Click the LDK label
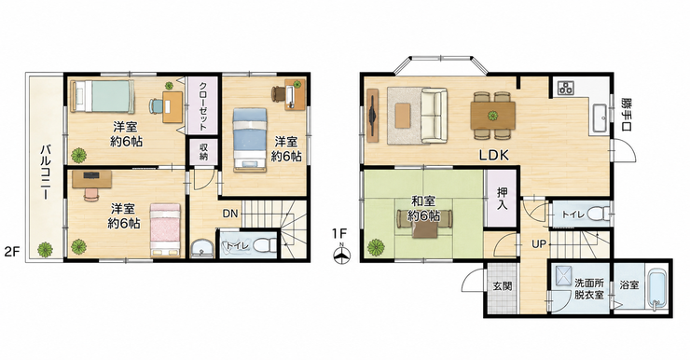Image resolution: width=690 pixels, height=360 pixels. tap(494, 155)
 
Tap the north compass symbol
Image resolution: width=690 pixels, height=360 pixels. tap(341, 253)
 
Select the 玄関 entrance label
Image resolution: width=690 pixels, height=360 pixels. tap(502, 285)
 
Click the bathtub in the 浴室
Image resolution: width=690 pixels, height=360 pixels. tap(657, 288)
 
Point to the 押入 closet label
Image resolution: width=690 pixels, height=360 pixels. tap(502, 199)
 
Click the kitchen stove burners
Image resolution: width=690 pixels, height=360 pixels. tap(564, 88)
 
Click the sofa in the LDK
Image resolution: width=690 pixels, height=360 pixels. tap(434, 116)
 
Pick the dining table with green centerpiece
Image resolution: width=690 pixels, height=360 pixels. tap(493, 116)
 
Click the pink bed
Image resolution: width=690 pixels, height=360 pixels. tap(165, 229)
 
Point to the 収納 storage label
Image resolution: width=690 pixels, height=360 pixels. tap(203, 151)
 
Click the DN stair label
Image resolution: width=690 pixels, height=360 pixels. tap(229, 214)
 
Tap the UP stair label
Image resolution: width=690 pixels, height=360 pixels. tap(539, 244)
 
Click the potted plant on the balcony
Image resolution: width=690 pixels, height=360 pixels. tap(45, 250)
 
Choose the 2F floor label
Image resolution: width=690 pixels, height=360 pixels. tap(12, 252)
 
